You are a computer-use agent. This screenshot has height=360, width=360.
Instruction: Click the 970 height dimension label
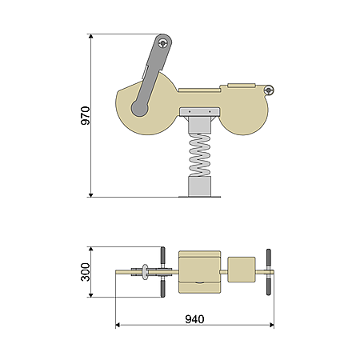coord(86,115)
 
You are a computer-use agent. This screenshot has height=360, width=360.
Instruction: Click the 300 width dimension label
coord(86,272)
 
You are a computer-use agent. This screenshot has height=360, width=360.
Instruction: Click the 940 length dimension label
coord(194,319)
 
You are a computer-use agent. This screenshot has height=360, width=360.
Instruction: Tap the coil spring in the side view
coord(200,155)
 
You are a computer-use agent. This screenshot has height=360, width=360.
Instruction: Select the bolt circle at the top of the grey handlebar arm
coord(162,43)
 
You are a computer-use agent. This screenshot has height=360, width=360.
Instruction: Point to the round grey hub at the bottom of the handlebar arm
coord(139,108)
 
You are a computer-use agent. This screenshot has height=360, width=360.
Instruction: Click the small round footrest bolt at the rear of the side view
coord(269,90)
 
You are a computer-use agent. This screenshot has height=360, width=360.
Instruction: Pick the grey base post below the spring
coord(200,186)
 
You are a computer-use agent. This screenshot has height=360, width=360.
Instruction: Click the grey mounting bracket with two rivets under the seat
coord(200,112)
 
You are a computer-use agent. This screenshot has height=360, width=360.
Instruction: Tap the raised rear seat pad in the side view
coord(242,86)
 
